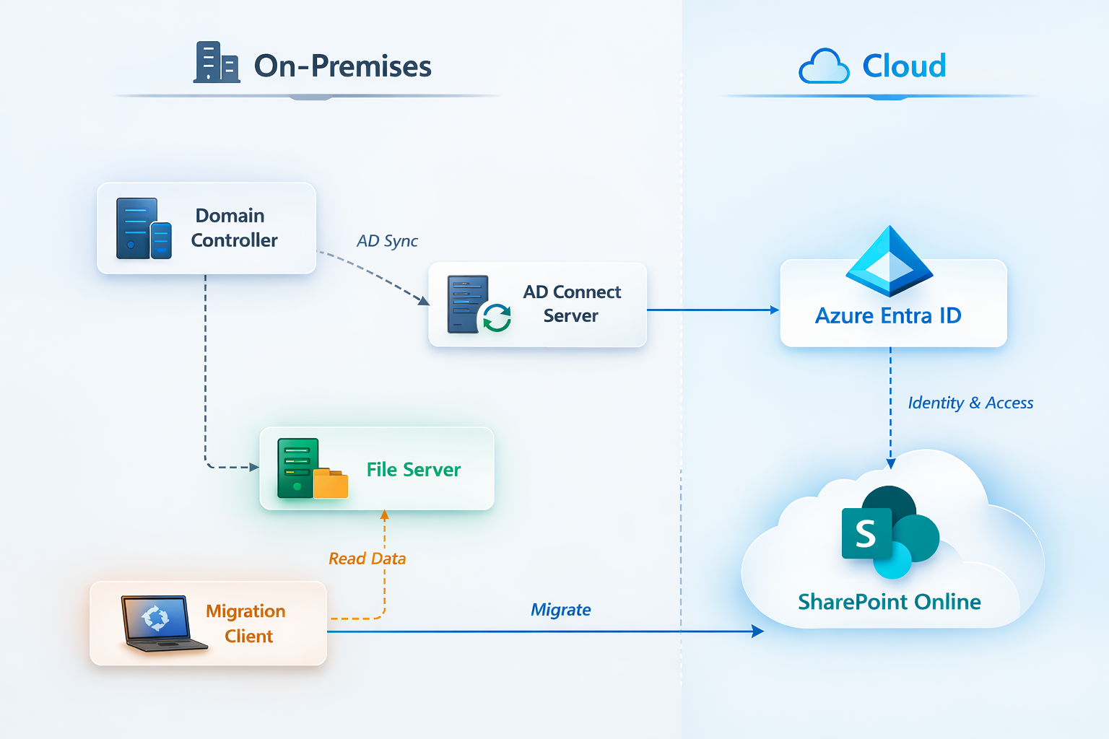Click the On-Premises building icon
tap(216, 63)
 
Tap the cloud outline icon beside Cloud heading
tap(824, 66)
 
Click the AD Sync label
tap(387, 241)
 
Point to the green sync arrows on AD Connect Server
tap(497, 317)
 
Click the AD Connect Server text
tap(571, 304)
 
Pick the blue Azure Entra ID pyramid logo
tap(890, 261)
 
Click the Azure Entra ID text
tap(888, 316)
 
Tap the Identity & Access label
tap(970, 403)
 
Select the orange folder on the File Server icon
tap(331, 484)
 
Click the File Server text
tap(413, 470)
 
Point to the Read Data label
tap(367, 559)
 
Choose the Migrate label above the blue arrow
tap(560, 610)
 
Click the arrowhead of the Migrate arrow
tap(758, 631)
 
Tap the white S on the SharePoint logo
tap(866, 534)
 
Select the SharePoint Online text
tap(889, 602)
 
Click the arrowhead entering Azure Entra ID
tap(775, 310)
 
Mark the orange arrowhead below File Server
tap(384, 515)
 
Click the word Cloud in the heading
tap(904, 66)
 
